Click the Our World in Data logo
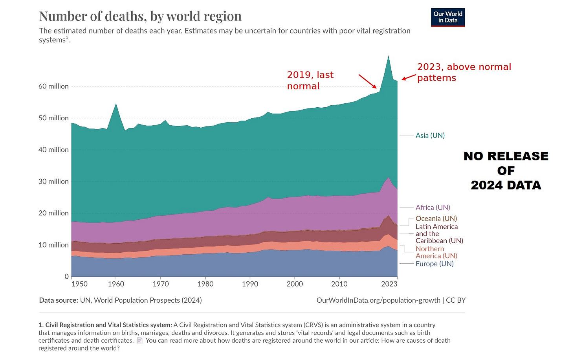(x=448, y=17)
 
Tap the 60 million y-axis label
(x=53, y=86)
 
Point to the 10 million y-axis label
(x=53, y=245)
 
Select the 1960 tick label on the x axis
(x=116, y=284)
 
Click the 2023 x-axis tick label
(x=389, y=284)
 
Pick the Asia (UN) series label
(x=430, y=135)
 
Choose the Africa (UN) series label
(x=433, y=207)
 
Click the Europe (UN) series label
(x=434, y=264)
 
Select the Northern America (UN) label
(x=436, y=252)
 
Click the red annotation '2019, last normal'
(x=310, y=80)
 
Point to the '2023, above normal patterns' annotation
(x=464, y=72)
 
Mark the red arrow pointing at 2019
(x=368, y=81)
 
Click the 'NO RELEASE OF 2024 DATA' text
(x=506, y=171)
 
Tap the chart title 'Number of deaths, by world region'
(x=140, y=16)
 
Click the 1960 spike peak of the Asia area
(x=116, y=104)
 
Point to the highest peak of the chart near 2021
(x=389, y=56)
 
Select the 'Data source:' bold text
(x=59, y=300)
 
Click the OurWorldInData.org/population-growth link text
(x=378, y=300)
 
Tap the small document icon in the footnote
(x=140, y=340)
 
